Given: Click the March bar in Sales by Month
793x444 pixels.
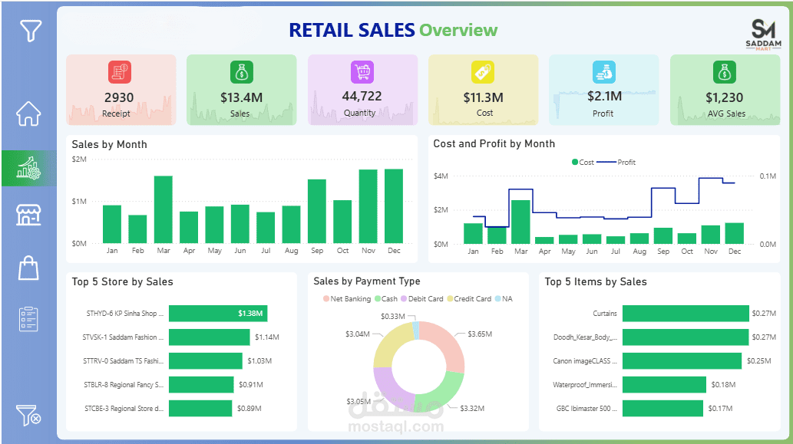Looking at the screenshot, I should pos(163,209).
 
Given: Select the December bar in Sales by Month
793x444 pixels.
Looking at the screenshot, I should pos(394,206).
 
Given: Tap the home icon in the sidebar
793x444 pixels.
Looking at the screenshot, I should pos(29,113).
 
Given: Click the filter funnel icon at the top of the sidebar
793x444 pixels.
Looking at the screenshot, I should pos(30,31).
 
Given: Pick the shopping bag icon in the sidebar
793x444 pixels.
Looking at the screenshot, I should pos(28,268).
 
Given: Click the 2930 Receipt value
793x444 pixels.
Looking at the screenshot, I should pos(119,97).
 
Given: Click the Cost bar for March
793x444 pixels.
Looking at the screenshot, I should pos(520,222).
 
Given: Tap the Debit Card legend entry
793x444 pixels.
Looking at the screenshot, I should pos(425,299).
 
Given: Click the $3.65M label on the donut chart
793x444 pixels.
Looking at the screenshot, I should pos(480,334).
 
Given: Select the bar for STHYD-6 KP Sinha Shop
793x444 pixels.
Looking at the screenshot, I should pos(218,313).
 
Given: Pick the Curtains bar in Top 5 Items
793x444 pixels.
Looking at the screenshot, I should pos(685,313).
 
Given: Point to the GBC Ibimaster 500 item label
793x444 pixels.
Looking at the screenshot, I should pos(586,408).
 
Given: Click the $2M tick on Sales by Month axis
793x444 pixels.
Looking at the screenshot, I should pos(79,159).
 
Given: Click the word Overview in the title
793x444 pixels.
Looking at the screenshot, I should pos(458,30).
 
